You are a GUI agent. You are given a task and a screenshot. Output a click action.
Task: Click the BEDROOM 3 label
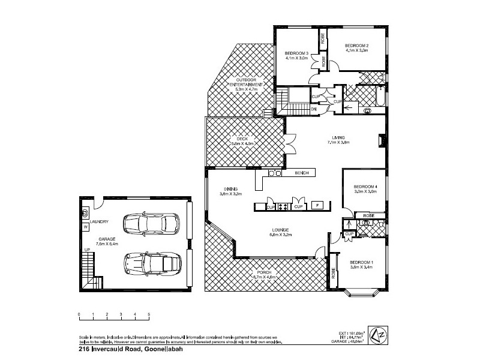coord(296,54)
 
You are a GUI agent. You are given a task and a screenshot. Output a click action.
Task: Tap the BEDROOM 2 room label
coord(356,46)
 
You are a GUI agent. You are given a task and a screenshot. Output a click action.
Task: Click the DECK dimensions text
coord(244,144)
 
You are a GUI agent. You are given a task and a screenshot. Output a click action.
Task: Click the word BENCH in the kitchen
coord(302,173)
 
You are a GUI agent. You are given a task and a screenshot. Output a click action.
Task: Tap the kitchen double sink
coord(275,173)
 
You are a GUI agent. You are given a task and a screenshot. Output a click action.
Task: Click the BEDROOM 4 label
coord(365,186)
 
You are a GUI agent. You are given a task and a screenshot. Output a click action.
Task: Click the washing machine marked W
coord(85,227)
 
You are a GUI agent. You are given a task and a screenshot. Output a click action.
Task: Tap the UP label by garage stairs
coord(86,249)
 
